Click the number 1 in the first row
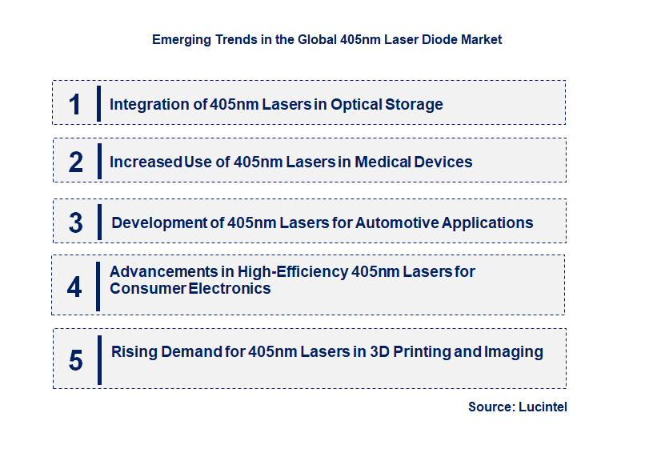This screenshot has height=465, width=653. (75, 104)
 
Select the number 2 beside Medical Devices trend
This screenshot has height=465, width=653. (76, 162)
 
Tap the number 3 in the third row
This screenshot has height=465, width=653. (76, 223)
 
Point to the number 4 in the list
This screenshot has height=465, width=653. (74, 287)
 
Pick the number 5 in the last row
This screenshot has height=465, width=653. (76, 360)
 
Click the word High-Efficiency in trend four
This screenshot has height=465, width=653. (292, 271)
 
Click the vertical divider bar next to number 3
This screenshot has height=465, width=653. (99, 222)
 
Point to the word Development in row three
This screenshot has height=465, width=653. (157, 222)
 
